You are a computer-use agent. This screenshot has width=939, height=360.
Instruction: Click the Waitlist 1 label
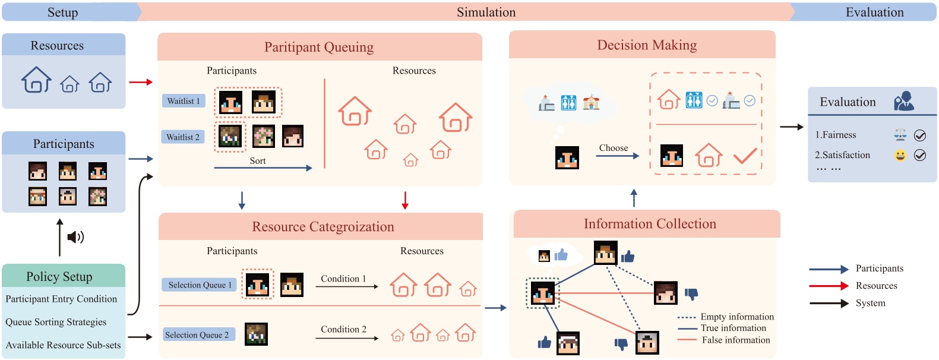[x=184, y=101]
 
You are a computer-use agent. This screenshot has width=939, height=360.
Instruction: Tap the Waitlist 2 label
[x=183, y=137]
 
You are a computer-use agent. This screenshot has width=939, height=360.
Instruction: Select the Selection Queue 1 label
[x=200, y=285]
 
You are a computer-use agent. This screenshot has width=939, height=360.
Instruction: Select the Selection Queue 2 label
[x=197, y=335]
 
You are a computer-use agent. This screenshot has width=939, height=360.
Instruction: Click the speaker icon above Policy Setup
[x=75, y=238]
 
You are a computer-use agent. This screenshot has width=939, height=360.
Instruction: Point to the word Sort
[x=258, y=161]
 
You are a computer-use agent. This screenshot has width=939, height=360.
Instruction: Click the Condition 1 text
[x=343, y=279]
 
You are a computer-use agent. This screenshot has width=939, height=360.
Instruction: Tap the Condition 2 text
[x=343, y=329]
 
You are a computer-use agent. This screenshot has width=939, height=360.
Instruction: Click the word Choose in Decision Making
[x=613, y=148]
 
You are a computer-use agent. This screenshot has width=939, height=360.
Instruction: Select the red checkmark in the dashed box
[x=744, y=156]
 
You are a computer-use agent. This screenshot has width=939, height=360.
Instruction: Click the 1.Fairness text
[x=835, y=135]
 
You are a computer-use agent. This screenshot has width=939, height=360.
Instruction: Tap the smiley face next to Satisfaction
[x=900, y=156]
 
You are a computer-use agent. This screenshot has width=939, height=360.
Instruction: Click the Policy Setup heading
[x=59, y=276]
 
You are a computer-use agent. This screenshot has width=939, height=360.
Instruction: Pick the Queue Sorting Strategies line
[x=56, y=322]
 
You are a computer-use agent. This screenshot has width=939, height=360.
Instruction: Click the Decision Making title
[x=647, y=45]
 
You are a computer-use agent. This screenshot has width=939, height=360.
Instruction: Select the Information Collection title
[x=650, y=224]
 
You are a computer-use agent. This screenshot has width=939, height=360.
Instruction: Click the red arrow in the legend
[x=829, y=286]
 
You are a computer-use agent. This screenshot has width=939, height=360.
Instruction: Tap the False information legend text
[x=736, y=340]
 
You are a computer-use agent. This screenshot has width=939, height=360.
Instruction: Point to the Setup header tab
[x=62, y=12]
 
